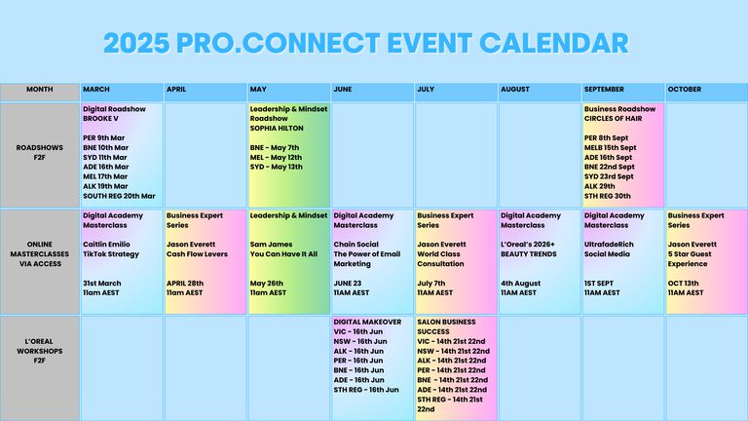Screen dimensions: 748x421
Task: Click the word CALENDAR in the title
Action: pyautogui.click(x=554, y=43)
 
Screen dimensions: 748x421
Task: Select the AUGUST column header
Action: pyautogui.click(x=514, y=90)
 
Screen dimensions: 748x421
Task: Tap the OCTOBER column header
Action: pyautogui.click(x=685, y=90)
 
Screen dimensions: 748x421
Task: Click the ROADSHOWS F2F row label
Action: pyautogui.click(x=40, y=152)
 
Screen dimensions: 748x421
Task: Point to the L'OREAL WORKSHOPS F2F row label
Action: pyautogui.click(x=40, y=351)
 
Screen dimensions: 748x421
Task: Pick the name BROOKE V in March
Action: pyautogui.click(x=100, y=118)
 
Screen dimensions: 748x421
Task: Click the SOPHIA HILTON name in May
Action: pyautogui.click(x=277, y=128)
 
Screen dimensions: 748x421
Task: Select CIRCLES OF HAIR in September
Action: pyautogui.click(x=613, y=118)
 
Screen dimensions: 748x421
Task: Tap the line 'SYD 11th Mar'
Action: pyautogui.click(x=105, y=157)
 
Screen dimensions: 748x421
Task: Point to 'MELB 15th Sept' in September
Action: pyautogui.click(x=610, y=147)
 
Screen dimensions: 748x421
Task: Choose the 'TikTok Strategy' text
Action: pyautogui.click(x=111, y=254)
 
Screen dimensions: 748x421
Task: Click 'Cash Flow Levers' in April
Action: pyautogui.click(x=197, y=254)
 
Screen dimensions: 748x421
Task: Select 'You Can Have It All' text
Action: pyautogui.click(x=283, y=254)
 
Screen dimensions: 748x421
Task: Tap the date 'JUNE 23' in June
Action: pyautogui.click(x=348, y=283)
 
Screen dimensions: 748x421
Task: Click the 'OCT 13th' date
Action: pyautogui.click(x=683, y=283)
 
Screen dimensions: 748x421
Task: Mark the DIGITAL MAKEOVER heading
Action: pyautogui.click(x=367, y=323)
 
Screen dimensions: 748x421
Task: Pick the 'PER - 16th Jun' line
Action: pyautogui.click(x=358, y=361)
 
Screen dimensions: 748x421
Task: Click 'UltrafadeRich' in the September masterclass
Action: pyautogui.click(x=609, y=245)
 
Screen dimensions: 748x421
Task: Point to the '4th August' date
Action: pyautogui.click(x=520, y=284)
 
